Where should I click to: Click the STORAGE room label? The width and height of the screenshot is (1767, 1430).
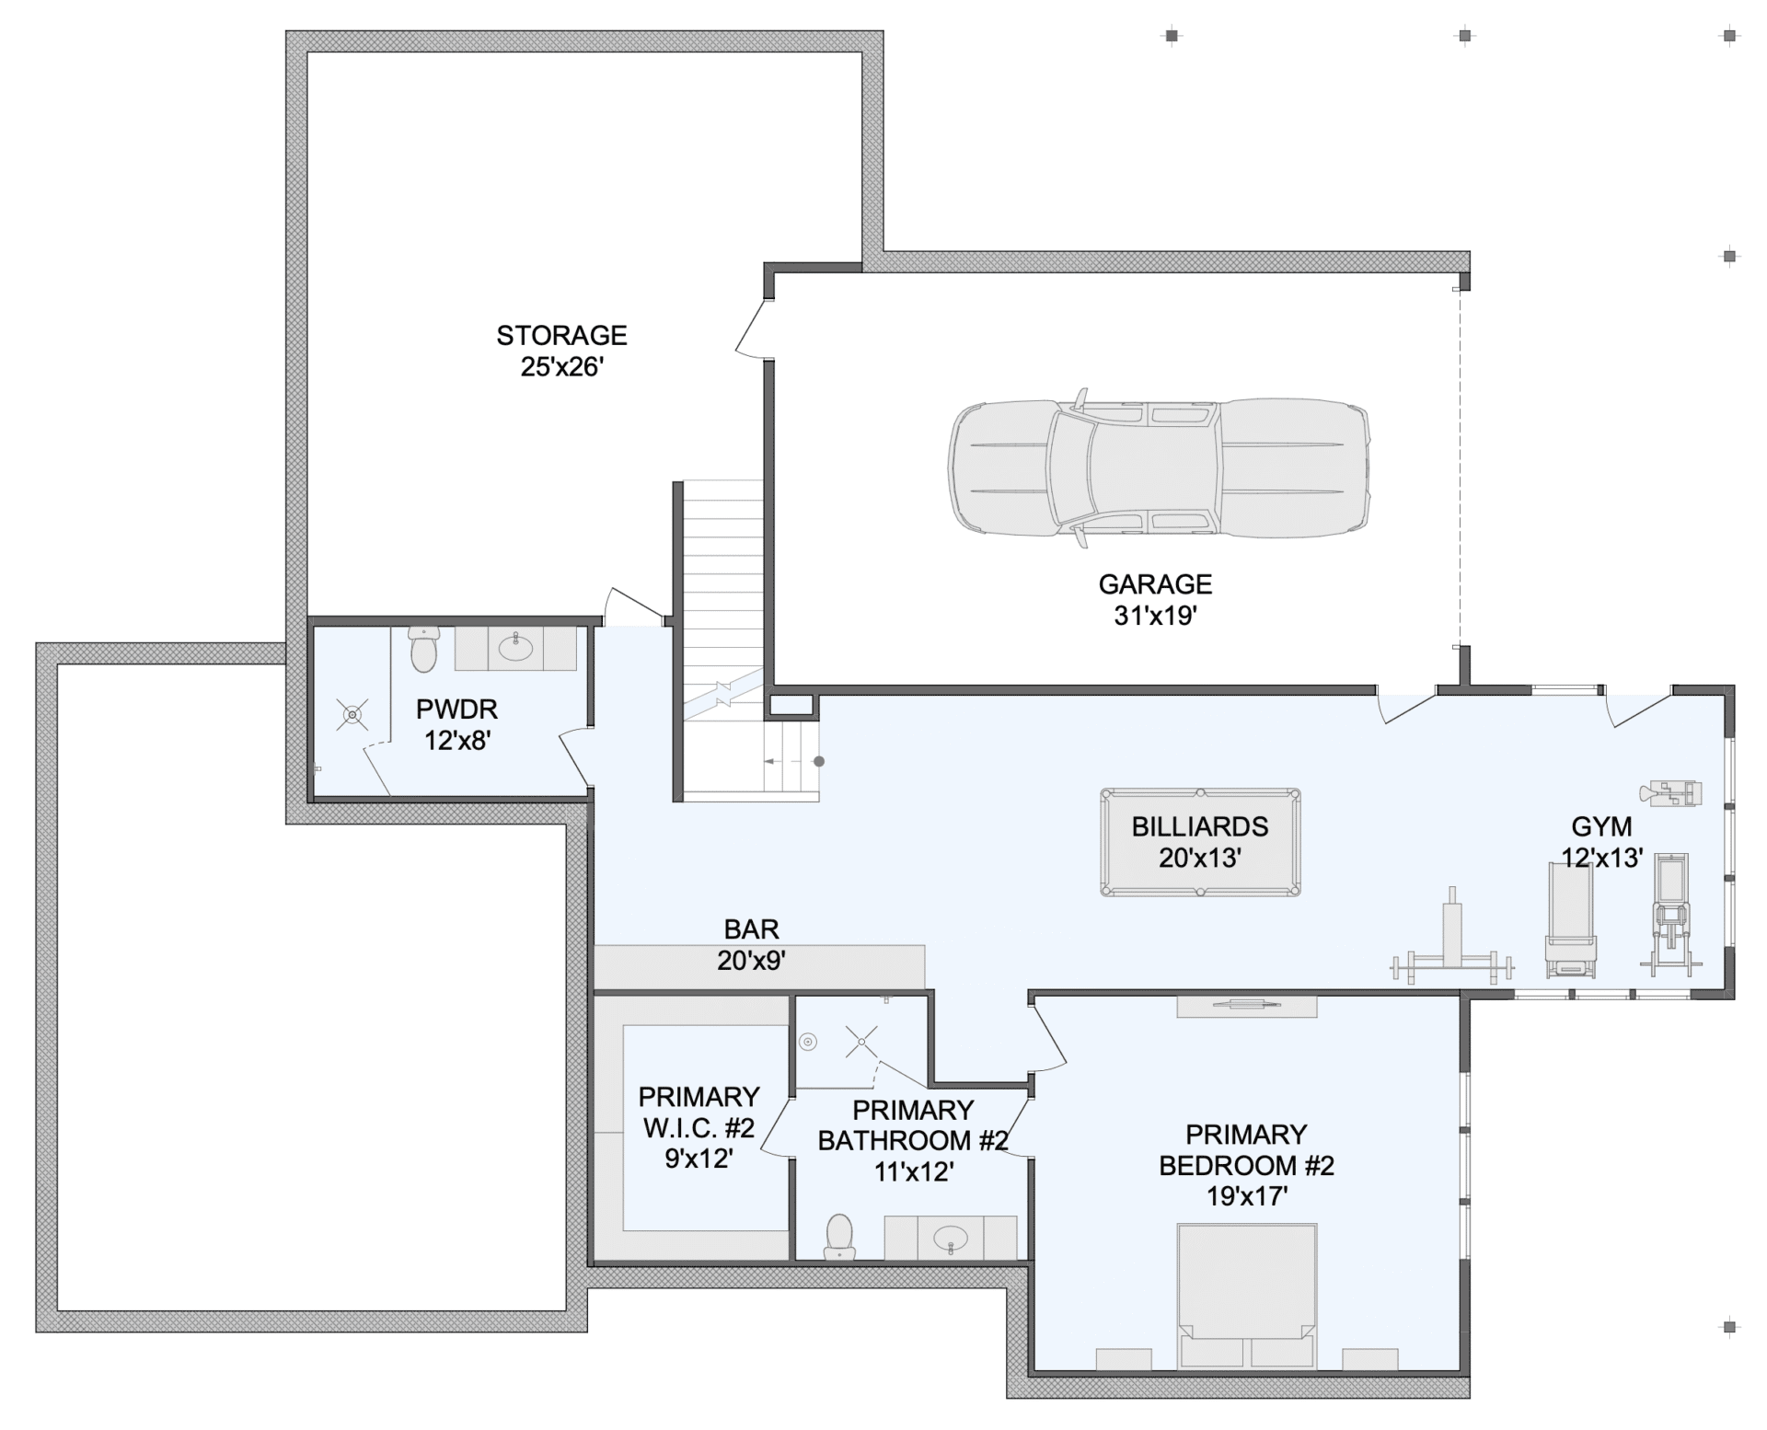tap(561, 335)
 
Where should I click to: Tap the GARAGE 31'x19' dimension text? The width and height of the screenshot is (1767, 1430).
tap(1155, 616)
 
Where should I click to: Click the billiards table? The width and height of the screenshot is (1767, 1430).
tap(1200, 842)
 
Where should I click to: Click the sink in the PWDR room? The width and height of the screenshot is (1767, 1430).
tap(515, 649)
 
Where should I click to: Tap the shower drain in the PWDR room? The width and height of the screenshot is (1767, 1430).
tap(352, 714)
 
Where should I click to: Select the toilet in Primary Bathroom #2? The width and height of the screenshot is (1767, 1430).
tap(839, 1237)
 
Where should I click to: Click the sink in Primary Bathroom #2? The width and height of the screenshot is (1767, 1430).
tap(950, 1239)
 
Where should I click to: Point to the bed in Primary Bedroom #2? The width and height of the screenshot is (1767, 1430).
tap(1247, 1296)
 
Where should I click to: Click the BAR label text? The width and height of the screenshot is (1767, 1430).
tap(751, 929)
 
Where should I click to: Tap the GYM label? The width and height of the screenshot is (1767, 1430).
tap(1602, 826)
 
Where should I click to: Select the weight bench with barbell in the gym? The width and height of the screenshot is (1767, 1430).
tap(1452, 948)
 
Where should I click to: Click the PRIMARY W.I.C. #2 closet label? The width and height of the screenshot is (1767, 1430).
tap(699, 1127)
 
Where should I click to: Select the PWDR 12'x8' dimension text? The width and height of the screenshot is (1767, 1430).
tap(457, 741)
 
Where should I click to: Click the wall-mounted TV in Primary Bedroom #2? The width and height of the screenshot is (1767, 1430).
tap(1247, 1007)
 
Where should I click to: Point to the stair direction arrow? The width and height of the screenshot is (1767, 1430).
tap(792, 762)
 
